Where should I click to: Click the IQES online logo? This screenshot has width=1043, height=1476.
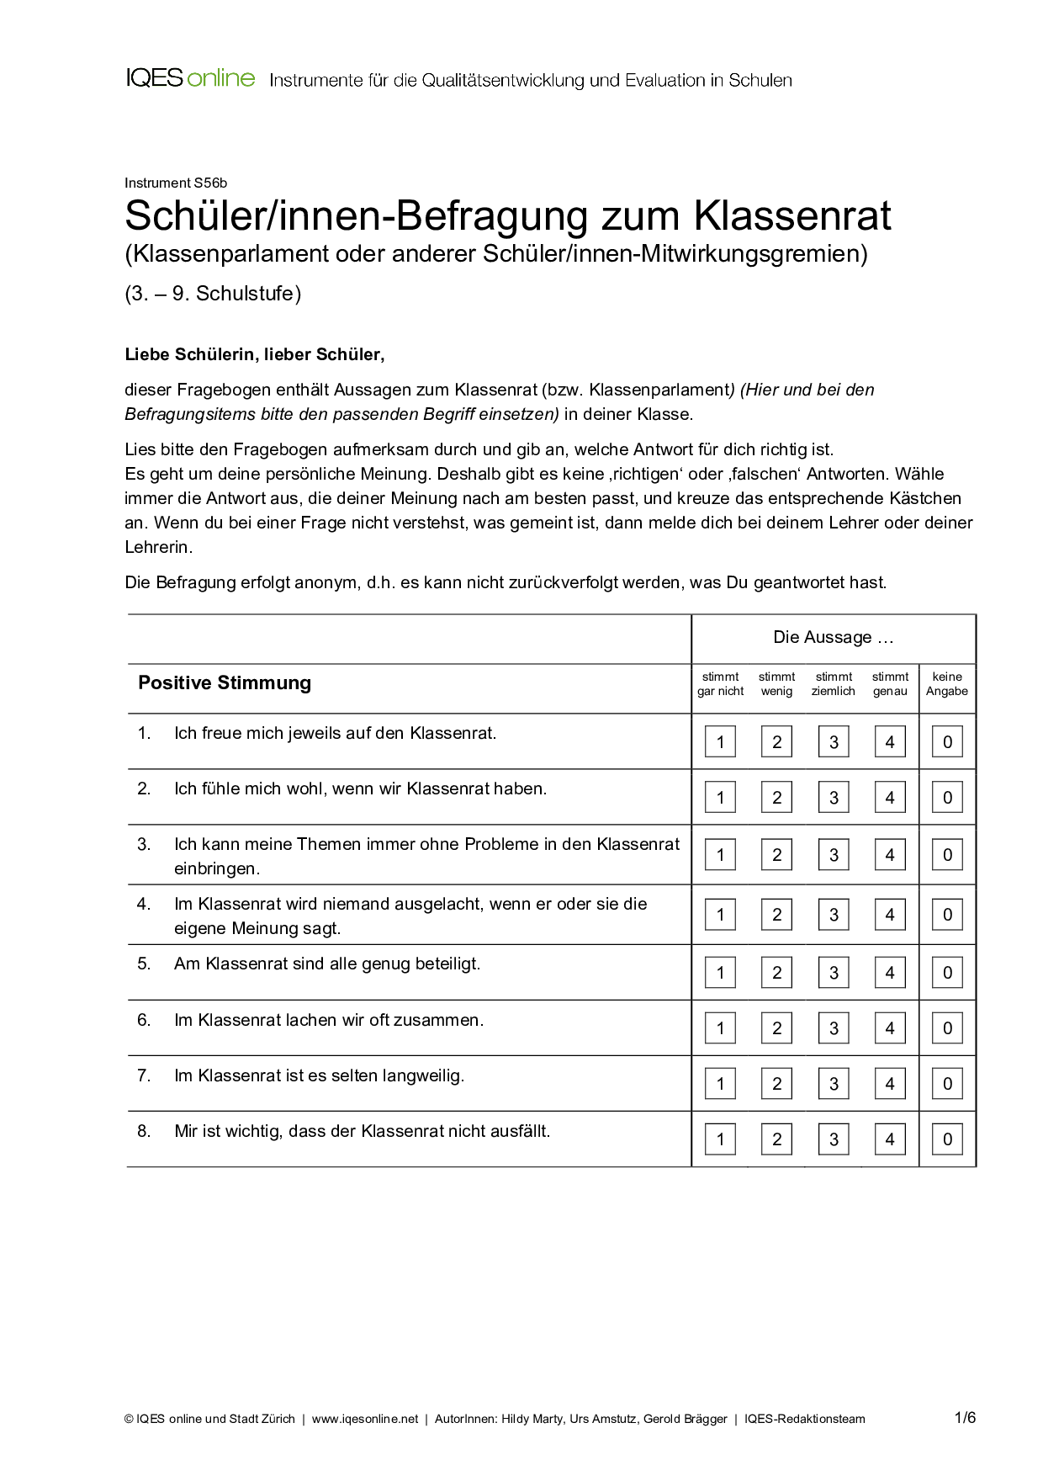pos(190,79)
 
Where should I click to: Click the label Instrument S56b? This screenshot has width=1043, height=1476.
pos(176,183)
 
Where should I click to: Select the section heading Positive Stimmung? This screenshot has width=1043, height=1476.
pos(225,682)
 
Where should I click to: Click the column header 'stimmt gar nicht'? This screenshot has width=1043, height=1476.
pos(720,684)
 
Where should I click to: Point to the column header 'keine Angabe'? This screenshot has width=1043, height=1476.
pos(947,684)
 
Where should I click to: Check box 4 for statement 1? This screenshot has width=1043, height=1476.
pos(890,742)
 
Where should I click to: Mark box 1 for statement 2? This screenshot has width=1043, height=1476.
pos(720,798)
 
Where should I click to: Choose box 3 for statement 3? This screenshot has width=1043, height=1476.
pos(834,855)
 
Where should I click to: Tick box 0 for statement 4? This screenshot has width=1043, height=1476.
pos(947,915)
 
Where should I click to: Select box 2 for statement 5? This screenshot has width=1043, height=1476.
pos(776,973)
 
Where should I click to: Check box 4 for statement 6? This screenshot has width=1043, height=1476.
pos(890,1028)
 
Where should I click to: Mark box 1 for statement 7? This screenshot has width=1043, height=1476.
pos(720,1084)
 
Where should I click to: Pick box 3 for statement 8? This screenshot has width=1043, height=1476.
pos(834,1139)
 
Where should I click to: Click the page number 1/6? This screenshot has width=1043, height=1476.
pos(965,1418)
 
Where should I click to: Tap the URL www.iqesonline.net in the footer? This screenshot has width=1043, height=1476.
pos(365,1419)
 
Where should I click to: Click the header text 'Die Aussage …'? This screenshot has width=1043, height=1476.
pos(833,638)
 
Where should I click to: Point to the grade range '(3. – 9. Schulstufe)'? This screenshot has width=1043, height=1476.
pos(213,294)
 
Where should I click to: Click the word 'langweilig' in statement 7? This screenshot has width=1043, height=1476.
pos(422,1075)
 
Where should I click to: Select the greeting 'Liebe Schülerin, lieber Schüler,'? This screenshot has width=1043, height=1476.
pos(255,354)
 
